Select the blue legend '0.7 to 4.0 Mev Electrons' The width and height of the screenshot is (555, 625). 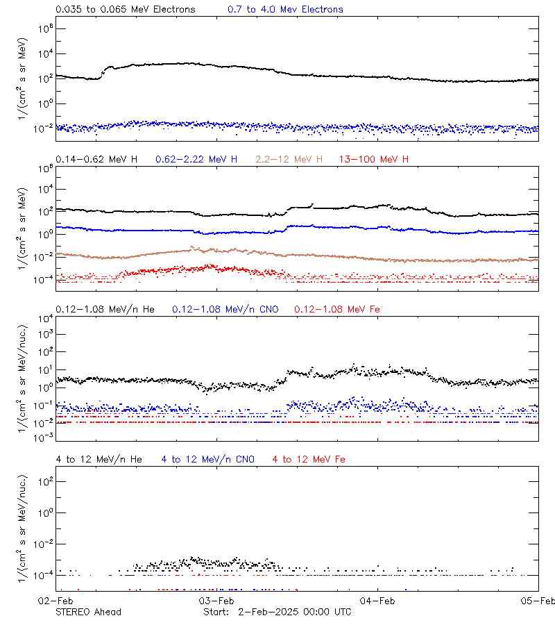(x=285, y=10)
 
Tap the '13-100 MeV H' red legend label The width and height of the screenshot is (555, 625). (x=374, y=160)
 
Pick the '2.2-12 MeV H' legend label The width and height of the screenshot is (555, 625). (x=289, y=160)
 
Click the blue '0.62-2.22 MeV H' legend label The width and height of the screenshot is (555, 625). (x=196, y=160)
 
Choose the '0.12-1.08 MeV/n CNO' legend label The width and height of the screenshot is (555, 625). (x=225, y=309)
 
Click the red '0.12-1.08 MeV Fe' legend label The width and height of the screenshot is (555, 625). (x=337, y=309)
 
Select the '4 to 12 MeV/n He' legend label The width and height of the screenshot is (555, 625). (x=99, y=459)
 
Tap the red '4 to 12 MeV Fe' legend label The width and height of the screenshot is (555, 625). (x=309, y=459)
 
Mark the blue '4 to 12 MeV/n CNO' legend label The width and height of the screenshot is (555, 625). (x=208, y=459)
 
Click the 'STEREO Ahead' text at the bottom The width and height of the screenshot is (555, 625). (x=88, y=612)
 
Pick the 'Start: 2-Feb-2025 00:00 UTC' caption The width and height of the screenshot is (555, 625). (x=277, y=612)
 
